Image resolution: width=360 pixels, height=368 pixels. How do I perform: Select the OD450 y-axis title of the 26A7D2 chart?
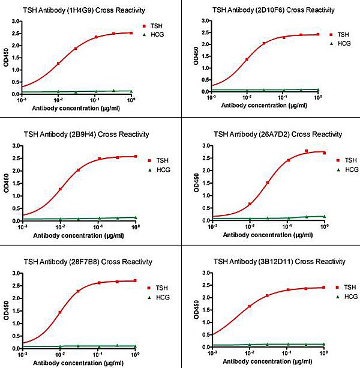[193, 183]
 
